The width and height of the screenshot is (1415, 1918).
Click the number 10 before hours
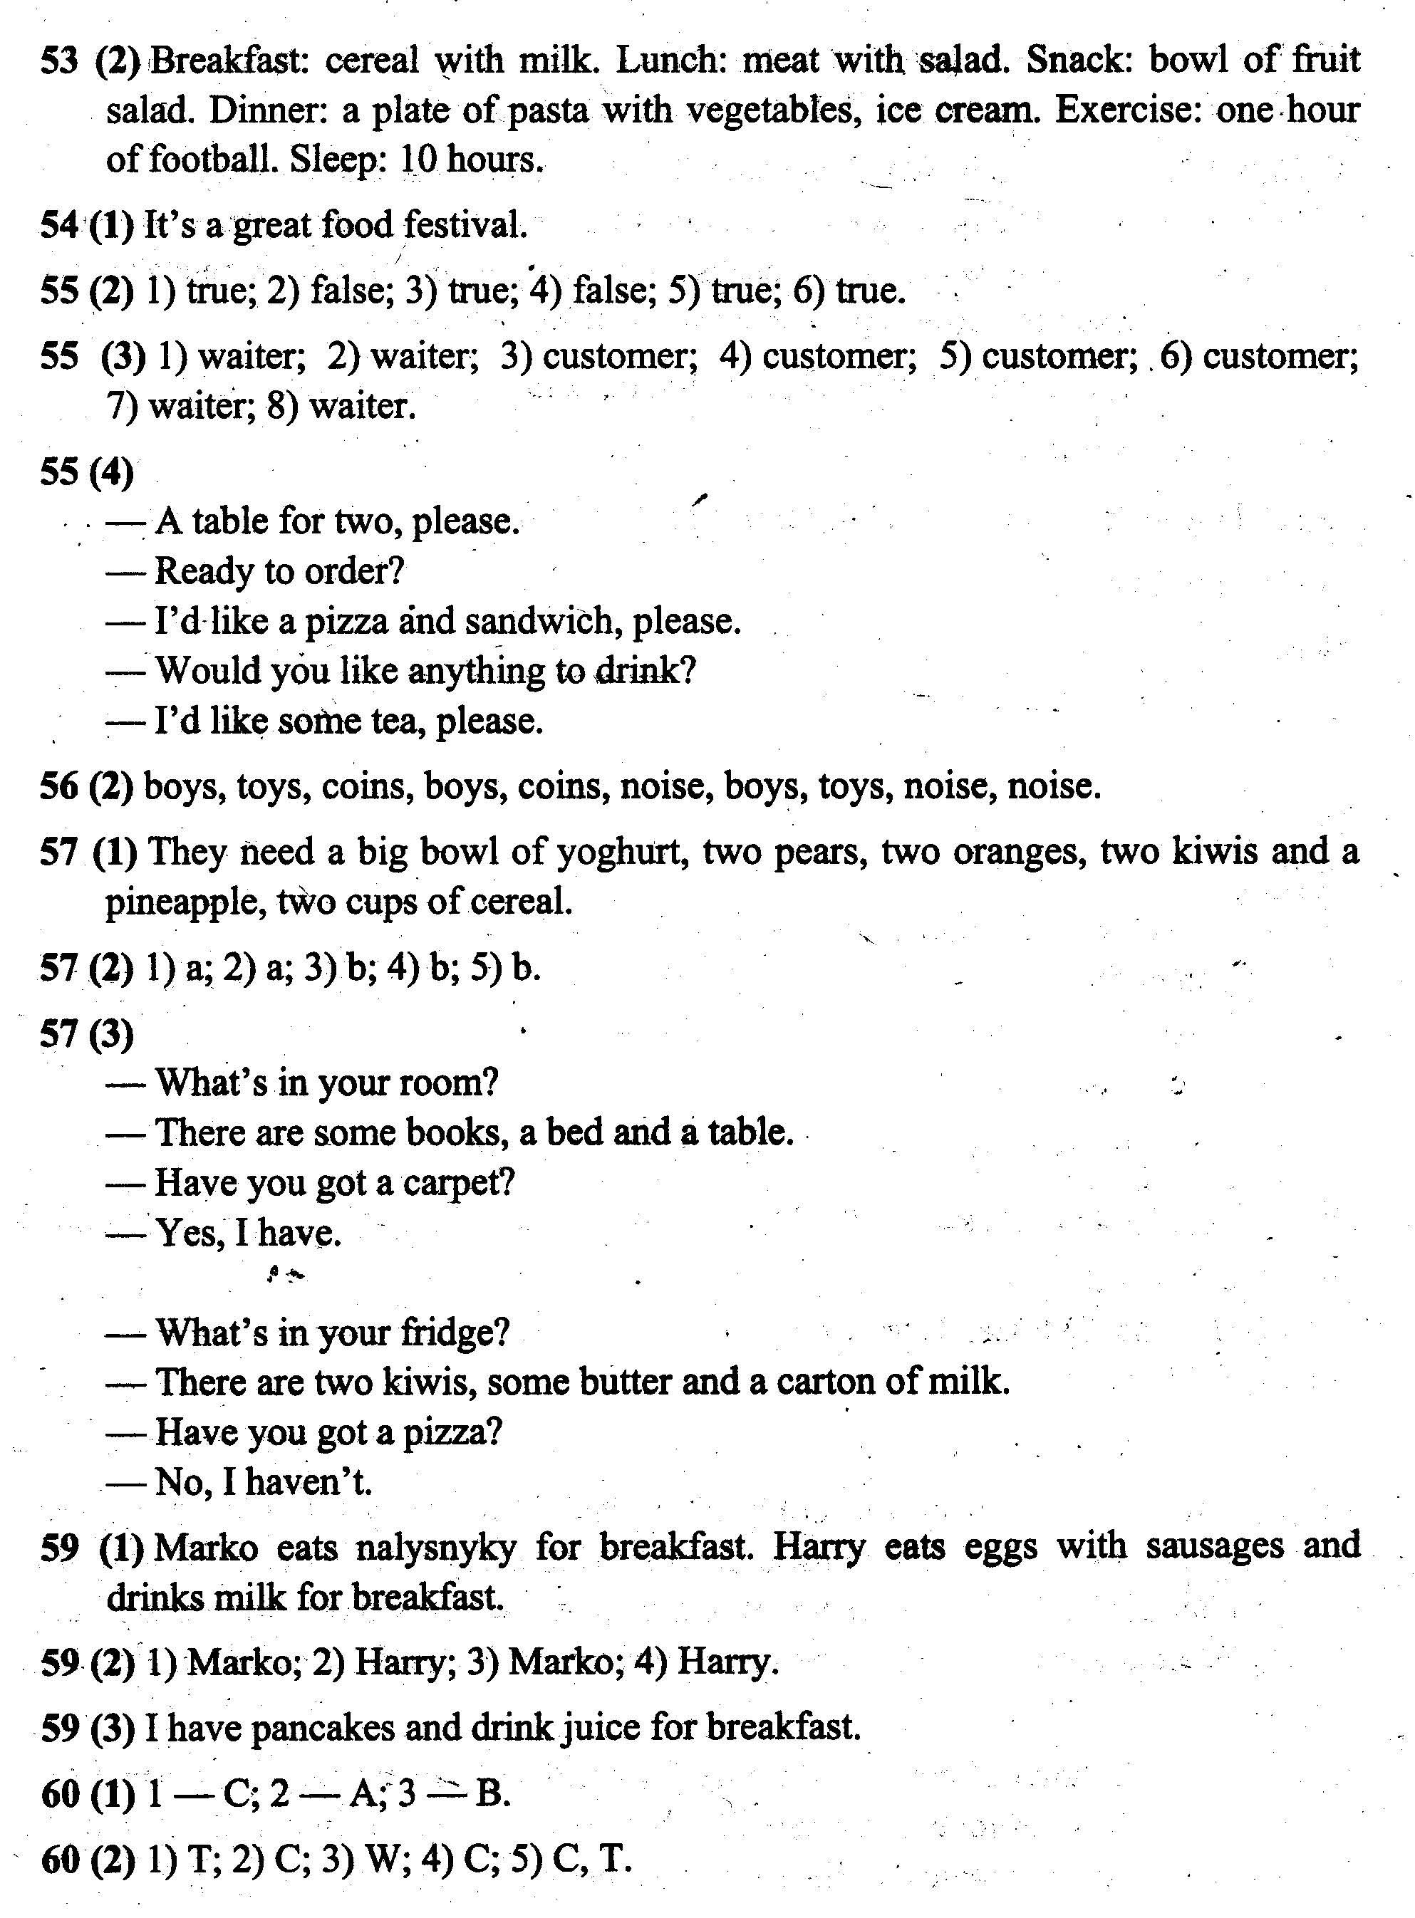click(418, 160)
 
